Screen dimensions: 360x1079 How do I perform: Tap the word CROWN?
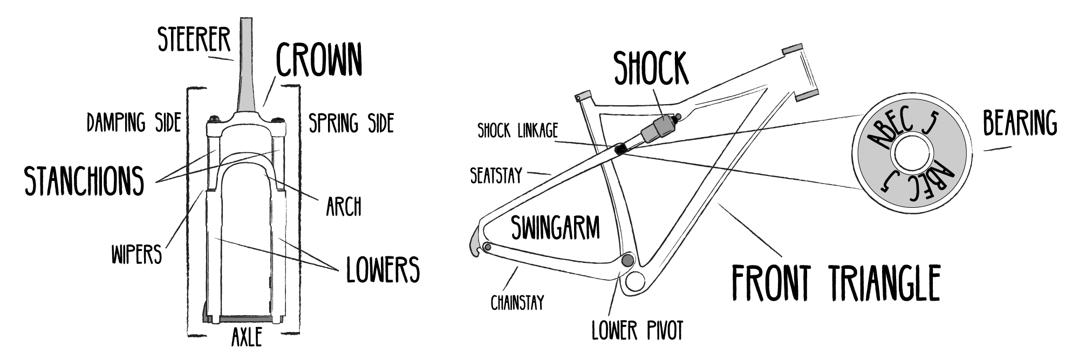pos(318,60)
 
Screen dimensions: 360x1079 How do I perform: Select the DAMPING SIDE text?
pos(134,124)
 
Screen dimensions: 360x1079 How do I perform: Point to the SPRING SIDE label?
pos(351,124)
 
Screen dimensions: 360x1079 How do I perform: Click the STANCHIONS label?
pos(85,180)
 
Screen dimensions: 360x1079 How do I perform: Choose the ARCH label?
pos(344,207)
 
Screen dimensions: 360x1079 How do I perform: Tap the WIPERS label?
pos(136,254)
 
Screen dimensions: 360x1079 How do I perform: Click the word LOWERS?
pos(383,269)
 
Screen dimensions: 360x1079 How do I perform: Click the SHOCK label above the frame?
pos(652,69)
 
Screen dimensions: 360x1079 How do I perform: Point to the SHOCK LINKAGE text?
pos(517,131)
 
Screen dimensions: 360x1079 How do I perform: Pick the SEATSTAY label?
pos(496,176)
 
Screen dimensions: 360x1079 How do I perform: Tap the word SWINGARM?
pos(555,228)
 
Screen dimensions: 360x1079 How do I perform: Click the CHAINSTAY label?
pos(517,303)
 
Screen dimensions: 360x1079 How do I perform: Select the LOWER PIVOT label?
pos(637,330)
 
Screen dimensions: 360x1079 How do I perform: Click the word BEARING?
pos(1020,124)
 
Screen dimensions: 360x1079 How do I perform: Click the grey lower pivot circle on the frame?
pos(627,260)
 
